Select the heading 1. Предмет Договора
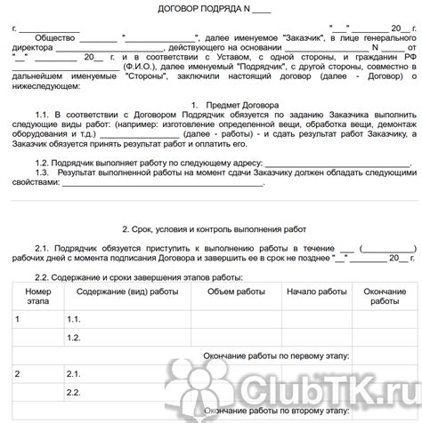coord(239,104)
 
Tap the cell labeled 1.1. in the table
coord(74,318)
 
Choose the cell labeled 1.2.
coord(74,337)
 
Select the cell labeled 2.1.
coord(74,374)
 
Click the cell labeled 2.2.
coord(74,393)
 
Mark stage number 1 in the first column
coord(20,318)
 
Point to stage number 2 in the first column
coord(20,374)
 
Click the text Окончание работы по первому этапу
coord(276,355)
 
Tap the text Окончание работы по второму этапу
coord(276,411)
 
